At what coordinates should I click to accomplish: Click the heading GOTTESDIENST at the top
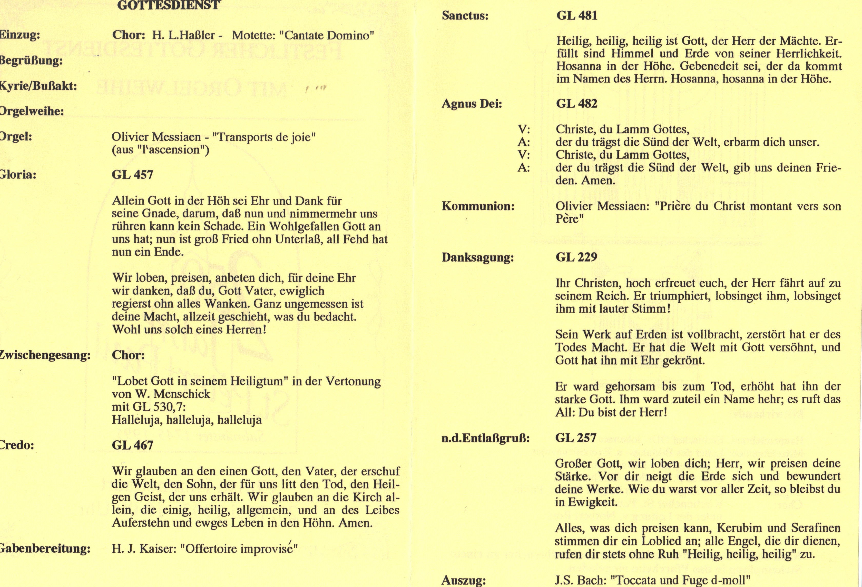(x=169, y=5)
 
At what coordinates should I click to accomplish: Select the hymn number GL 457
(x=132, y=175)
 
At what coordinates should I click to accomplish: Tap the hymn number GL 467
(x=132, y=445)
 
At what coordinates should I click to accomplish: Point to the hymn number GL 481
(x=577, y=16)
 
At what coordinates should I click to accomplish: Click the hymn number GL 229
(x=576, y=257)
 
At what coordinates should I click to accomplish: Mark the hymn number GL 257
(x=576, y=438)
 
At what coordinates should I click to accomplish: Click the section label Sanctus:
(x=465, y=16)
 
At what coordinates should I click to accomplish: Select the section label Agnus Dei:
(x=472, y=104)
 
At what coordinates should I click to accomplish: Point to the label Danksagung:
(x=478, y=257)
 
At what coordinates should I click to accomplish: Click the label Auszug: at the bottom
(x=464, y=580)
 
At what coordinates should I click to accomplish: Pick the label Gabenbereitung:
(x=44, y=549)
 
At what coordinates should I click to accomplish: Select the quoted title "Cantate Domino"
(x=326, y=36)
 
